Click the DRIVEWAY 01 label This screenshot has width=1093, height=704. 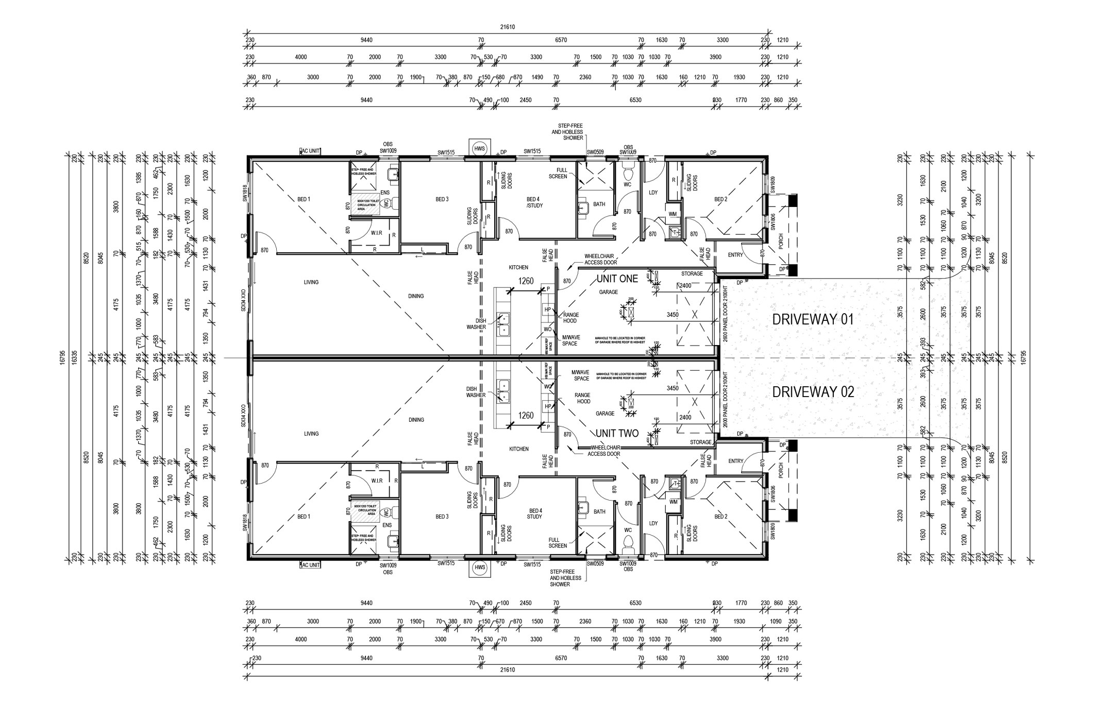[813, 319]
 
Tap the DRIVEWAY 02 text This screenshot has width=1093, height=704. [813, 392]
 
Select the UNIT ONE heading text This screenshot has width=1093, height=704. [617, 279]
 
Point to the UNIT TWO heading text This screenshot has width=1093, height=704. [617, 434]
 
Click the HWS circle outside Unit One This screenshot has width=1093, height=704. [480, 148]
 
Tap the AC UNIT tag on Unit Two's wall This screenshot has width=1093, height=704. [310, 565]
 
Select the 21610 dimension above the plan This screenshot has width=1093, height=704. [507, 27]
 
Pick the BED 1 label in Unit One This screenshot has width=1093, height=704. [304, 199]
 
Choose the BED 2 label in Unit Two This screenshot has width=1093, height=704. [720, 517]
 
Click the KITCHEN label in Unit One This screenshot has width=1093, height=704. [518, 268]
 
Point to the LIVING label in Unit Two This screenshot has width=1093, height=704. [311, 434]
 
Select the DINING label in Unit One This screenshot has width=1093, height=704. [416, 296]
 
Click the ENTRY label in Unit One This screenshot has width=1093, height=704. [735, 255]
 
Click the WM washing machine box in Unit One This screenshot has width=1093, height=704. [673, 214]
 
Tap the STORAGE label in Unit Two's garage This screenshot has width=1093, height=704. [701, 442]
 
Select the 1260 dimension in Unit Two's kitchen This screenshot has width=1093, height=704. [526, 416]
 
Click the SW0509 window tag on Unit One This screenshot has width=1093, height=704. [595, 152]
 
